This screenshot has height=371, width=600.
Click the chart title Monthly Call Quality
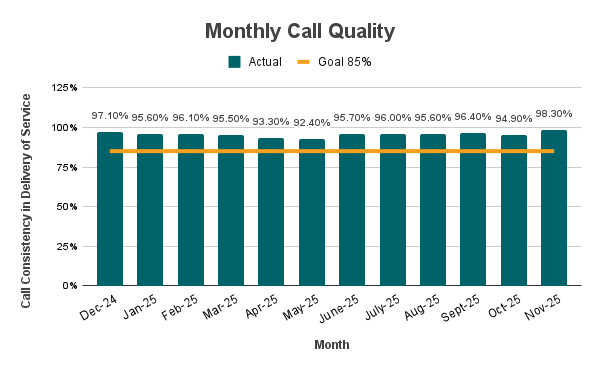[x=300, y=31]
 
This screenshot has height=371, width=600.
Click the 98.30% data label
[x=554, y=113]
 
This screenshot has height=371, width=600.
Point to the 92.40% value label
[x=312, y=122]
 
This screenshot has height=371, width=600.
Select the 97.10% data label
[x=110, y=115]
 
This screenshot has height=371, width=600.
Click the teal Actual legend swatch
[x=235, y=62]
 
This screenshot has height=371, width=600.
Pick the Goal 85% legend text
[x=344, y=62]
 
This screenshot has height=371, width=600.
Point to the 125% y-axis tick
[x=64, y=89]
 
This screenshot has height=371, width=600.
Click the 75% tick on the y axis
[x=67, y=168]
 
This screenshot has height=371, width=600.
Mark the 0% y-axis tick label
[x=71, y=286]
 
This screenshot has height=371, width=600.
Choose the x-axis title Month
[x=331, y=345]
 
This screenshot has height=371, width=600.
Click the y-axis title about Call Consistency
[x=27, y=200]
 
